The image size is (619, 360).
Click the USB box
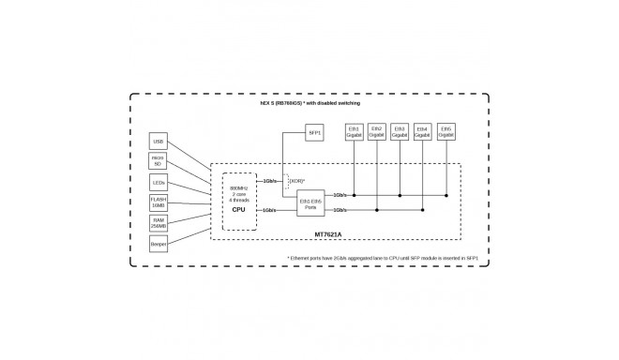click(158, 142)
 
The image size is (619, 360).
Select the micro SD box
click(158, 162)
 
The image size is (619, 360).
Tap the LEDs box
click(158, 182)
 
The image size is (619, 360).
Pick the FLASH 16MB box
click(158, 202)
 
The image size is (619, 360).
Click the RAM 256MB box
click(158, 222)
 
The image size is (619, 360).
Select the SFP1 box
click(315, 133)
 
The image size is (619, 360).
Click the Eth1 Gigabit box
click(354, 132)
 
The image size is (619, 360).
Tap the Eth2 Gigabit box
click(377, 132)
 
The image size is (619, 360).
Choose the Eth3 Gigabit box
click(400, 132)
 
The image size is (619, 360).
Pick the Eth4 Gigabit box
click(423, 132)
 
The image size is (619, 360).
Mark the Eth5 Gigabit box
click(445, 132)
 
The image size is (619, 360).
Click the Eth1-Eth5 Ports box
click(310, 202)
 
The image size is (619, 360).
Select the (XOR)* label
click(297, 179)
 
